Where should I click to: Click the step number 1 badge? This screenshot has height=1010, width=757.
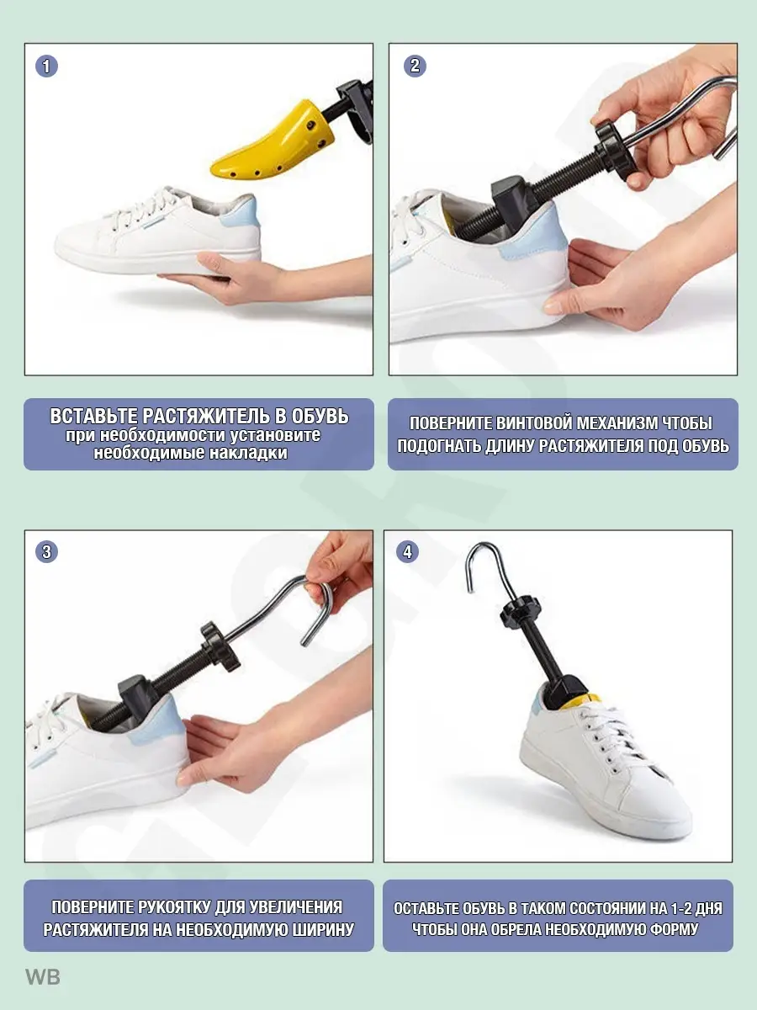46,66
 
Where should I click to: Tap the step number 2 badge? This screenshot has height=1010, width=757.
415,66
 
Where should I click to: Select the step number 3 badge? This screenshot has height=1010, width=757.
46,551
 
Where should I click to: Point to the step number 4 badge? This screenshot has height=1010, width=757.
407,551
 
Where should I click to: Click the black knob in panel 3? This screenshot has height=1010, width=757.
220,646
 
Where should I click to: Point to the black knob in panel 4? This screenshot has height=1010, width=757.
520,609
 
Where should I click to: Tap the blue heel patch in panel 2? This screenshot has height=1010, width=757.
537,234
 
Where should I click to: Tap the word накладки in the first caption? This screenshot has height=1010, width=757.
249,453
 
